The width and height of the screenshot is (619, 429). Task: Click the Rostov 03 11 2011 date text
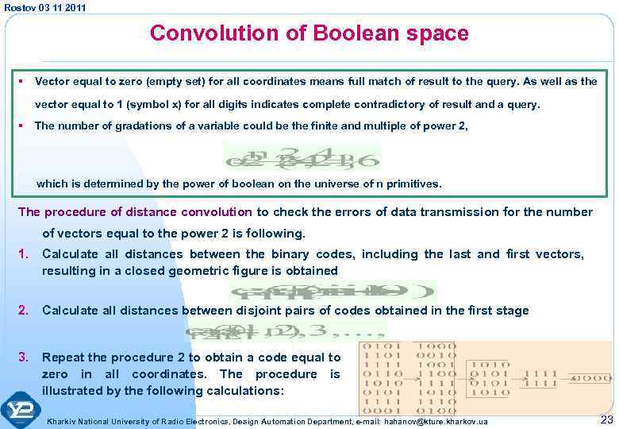[44, 7]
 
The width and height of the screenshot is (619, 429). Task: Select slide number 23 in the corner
[606, 419]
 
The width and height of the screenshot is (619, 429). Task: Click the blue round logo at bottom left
[21, 410]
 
